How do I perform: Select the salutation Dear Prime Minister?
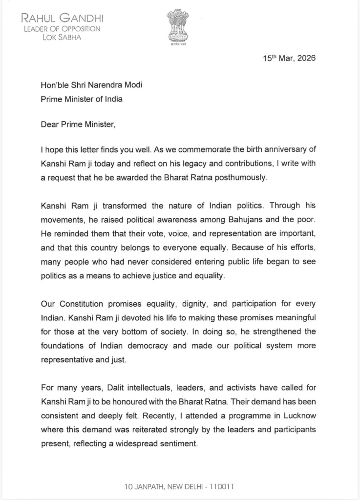(78, 124)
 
